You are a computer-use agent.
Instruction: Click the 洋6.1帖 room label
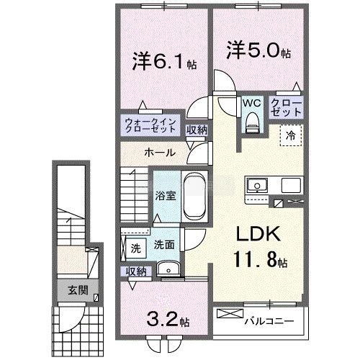coord(164,62)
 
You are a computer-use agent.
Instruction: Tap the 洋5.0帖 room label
coord(258,50)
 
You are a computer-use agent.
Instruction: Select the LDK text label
coord(258,234)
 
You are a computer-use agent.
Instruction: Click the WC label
coord(251,103)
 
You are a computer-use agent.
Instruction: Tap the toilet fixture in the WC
coord(252,122)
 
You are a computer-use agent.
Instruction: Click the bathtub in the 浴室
coord(194,196)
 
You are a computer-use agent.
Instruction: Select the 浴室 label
coord(166,196)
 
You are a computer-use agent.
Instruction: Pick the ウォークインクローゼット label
coord(150,126)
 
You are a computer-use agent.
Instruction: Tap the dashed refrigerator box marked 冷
coord(291,135)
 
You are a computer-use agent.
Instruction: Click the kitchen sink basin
coord(257,185)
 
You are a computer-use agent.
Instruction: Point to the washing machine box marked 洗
coord(135,248)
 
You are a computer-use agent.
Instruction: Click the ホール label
coord(160,153)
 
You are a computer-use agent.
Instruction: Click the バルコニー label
coord(269,321)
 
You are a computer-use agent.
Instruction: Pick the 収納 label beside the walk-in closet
coord(197,130)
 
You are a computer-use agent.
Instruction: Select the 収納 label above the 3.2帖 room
coord(136,271)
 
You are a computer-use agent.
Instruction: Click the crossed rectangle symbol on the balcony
coord(230,313)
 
